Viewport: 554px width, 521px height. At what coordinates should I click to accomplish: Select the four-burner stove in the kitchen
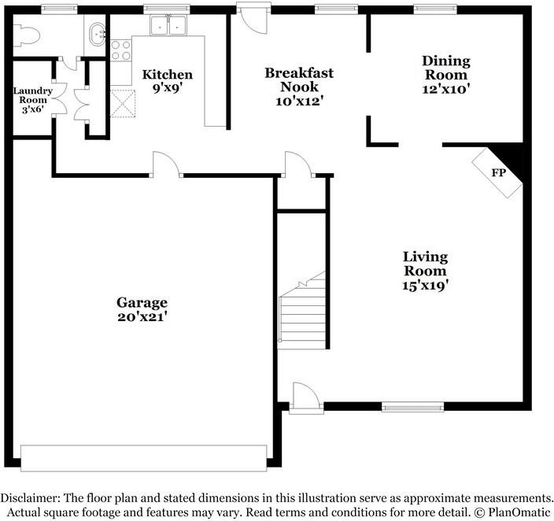(x=120, y=50)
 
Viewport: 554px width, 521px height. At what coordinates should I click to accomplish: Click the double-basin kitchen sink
(x=169, y=26)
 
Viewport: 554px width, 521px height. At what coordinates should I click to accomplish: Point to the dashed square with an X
(x=122, y=102)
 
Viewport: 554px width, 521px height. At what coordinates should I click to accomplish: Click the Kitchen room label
(x=167, y=75)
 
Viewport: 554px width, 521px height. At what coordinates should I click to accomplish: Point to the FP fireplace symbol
(x=497, y=173)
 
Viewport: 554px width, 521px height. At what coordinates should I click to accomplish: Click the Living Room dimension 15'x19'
(x=425, y=286)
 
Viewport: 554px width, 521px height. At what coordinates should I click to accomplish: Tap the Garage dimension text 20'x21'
(x=142, y=317)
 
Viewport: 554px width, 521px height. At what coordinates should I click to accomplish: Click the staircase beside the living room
(x=302, y=311)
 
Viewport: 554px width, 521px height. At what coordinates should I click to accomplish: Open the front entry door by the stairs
(x=305, y=396)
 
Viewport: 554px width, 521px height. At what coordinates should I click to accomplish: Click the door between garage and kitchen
(x=167, y=165)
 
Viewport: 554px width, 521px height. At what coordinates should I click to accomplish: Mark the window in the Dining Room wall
(x=430, y=9)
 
